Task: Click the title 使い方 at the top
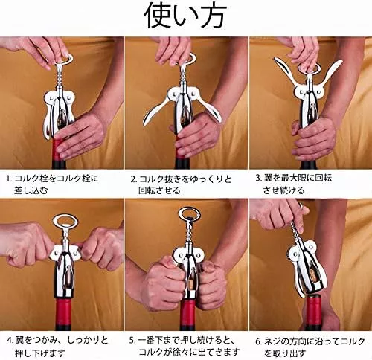(185, 16)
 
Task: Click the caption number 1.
(9, 179)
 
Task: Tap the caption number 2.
(134, 179)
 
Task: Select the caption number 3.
(259, 178)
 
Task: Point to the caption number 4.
(10, 341)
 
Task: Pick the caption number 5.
(133, 340)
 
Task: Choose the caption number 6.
(259, 341)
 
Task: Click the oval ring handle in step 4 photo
(65, 216)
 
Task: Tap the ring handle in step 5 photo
(189, 210)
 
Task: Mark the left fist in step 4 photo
(28, 245)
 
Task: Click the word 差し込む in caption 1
(31, 190)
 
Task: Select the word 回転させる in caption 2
(159, 190)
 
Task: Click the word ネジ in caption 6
(272, 341)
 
